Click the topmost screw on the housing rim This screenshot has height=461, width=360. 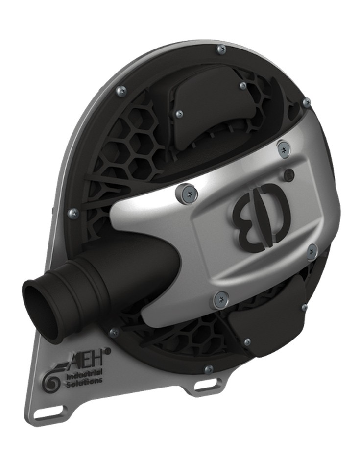point(221,49)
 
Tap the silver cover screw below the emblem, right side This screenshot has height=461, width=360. point(312,251)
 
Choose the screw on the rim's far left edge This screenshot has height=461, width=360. point(74,213)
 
